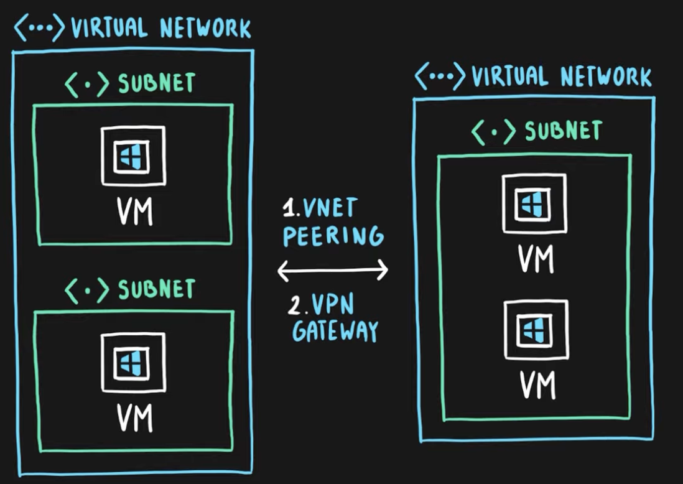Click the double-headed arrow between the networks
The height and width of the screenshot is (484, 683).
click(332, 270)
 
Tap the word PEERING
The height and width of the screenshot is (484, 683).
click(333, 236)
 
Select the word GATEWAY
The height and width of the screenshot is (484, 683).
click(335, 331)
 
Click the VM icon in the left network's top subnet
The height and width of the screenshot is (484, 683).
click(133, 156)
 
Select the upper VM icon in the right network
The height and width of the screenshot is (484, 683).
click(534, 203)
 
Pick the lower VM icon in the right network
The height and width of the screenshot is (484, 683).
click(536, 329)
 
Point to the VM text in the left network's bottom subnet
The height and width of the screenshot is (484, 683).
click(134, 419)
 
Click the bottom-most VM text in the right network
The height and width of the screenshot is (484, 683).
click(536, 386)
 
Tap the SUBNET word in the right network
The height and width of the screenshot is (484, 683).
click(564, 131)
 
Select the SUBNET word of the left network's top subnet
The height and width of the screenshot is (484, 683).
click(157, 83)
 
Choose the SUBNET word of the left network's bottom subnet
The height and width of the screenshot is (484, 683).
click(157, 289)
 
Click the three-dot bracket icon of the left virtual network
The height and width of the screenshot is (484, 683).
click(39, 28)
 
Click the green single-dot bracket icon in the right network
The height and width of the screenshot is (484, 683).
click(493, 131)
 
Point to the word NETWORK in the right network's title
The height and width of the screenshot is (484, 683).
click(606, 77)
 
